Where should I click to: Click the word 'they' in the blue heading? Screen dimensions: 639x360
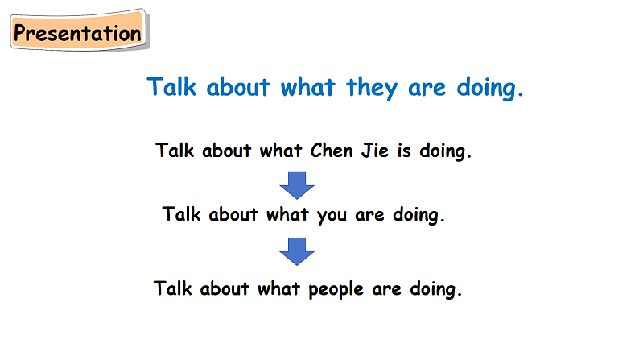(372, 88)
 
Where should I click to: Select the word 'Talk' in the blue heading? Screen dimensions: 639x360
(171, 86)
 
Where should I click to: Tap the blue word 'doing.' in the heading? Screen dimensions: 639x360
(490, 88)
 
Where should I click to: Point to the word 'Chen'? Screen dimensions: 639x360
(332, 151)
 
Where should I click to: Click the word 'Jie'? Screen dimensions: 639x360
(374, 151)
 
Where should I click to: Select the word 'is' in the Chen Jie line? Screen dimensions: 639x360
(404, 151)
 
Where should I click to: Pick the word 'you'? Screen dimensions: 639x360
(332, 216)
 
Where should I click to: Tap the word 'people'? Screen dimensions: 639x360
(336, 290)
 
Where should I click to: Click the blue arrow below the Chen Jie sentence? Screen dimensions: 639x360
(297, 185)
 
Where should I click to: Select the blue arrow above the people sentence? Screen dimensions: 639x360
(297, 251)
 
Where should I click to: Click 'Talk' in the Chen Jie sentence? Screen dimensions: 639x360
(175, 151)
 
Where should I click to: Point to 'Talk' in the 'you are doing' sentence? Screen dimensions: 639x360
(181, 214)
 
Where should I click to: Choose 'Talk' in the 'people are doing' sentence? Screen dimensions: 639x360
(172, 288)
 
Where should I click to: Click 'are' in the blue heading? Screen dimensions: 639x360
(427, 89)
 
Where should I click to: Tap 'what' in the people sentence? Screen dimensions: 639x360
(278, 288)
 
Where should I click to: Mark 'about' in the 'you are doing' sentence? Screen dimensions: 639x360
(233, 214)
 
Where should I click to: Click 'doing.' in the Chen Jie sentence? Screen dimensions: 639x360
(445, 151)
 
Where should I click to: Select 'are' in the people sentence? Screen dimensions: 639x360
(386, 290)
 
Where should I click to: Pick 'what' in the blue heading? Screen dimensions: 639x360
(307, 87)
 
